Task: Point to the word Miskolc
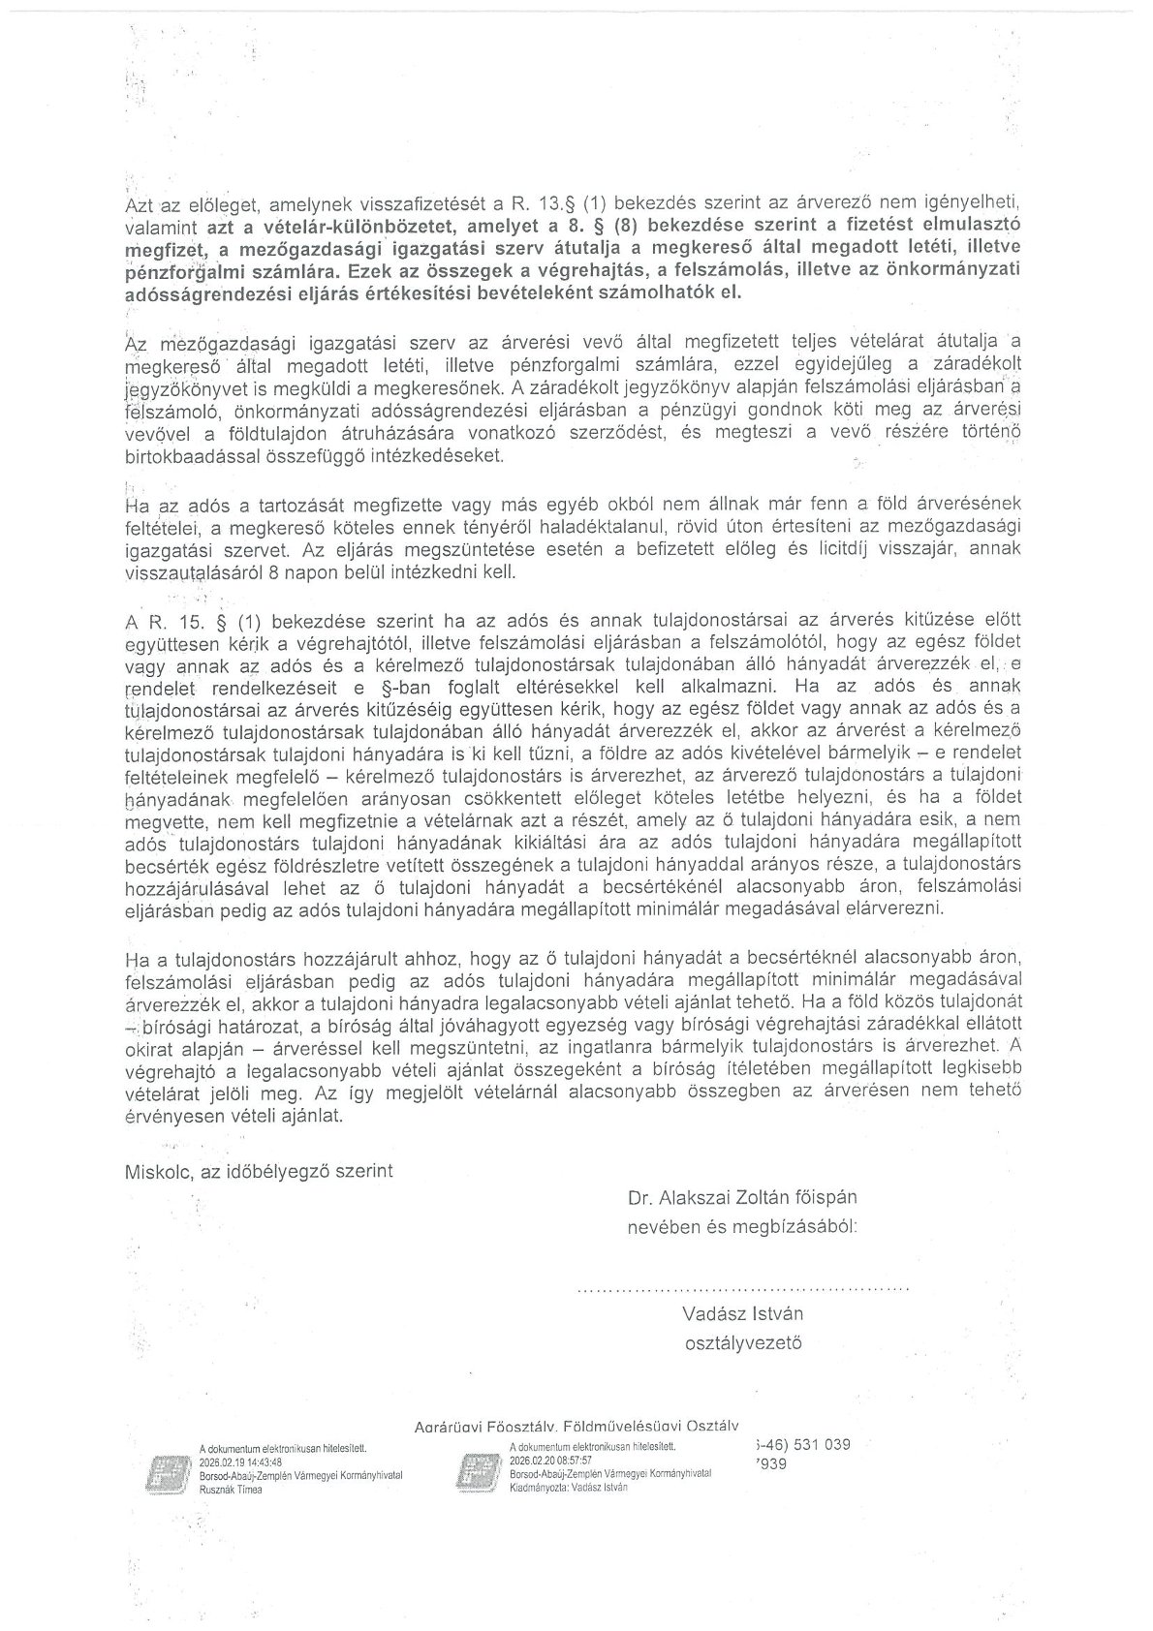(158, 1171)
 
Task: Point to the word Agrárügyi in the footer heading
(449, 1426)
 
